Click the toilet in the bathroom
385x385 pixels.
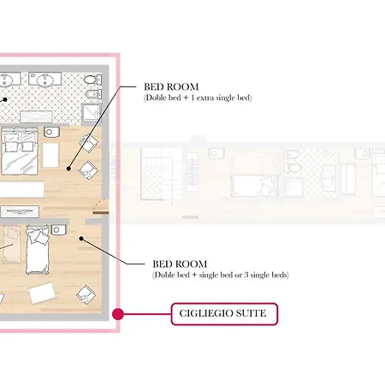tap(92, 80)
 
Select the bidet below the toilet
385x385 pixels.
tap(93, 94)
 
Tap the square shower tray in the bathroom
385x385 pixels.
tap(92, 113)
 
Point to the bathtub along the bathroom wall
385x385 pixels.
tap(36, 116)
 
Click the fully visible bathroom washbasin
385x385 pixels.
tap(45, 79)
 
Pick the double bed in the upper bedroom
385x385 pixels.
tap(20, 151)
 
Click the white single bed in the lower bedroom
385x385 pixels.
tap(38, 250)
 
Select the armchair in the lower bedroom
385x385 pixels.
tap(86, 294)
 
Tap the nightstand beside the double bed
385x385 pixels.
tap(51, 132)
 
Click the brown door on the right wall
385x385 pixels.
tap(101, 212)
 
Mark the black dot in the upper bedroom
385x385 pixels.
tap(68, 169)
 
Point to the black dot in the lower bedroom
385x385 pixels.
tap(81, 239)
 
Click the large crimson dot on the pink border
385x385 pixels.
tap(118, 314)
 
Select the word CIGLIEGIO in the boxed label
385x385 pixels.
tap(205, 313)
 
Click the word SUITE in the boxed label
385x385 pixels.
tap(251, 313)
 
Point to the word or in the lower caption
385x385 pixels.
tap(238, 275)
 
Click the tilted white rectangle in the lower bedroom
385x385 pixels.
tap(42, 293)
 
